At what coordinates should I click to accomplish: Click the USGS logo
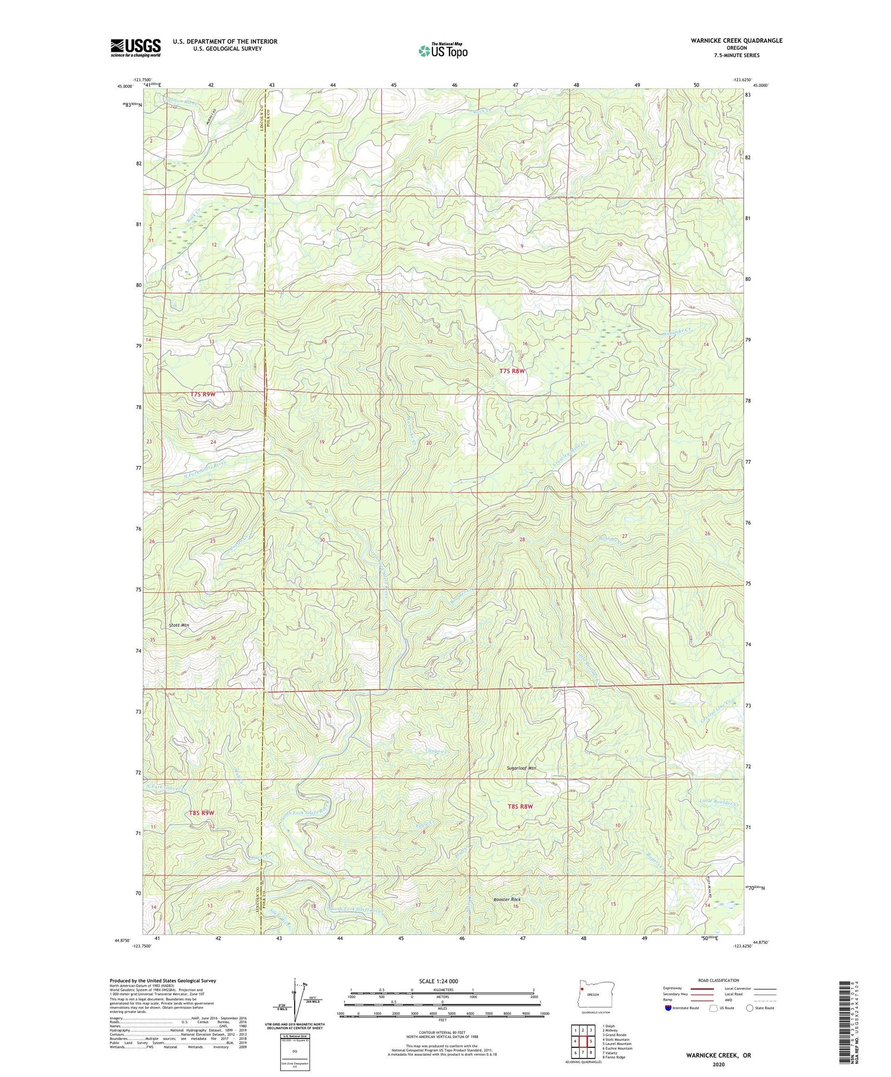(135, 48)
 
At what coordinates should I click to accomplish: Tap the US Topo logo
(443, 50)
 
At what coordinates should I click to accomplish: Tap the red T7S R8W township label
(511, 371)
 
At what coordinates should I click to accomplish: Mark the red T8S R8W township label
(520, 806)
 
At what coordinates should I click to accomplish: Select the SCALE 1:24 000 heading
(438, 981)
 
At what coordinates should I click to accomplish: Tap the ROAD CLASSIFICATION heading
(719, 980)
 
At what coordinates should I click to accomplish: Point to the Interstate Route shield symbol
(668, 1008)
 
